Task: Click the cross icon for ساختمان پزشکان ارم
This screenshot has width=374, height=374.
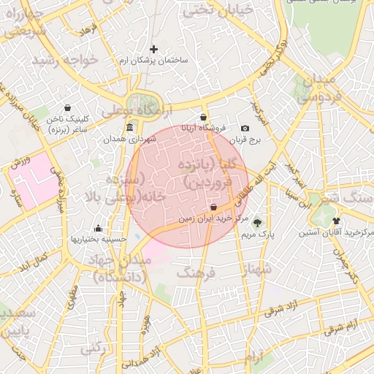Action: coord(153,49)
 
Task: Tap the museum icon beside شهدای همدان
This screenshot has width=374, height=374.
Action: coord(130,129)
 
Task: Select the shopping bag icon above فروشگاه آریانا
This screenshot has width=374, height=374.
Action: coord(203,117)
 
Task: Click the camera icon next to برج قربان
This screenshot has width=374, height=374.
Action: coord(245,128)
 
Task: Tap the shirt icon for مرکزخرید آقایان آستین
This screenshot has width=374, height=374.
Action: coord(336,221)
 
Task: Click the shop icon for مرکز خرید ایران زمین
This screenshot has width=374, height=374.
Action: coord(213,207)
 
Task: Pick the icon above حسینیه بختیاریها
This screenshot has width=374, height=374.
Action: coord(98,228)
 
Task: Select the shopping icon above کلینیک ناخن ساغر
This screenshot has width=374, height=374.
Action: coord(68,107)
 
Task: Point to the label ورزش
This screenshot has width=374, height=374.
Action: coord(21,163)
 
